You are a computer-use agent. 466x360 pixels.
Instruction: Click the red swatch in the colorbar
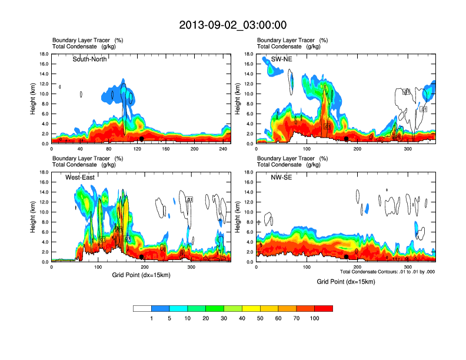pyautogui.click(x=324, y=308)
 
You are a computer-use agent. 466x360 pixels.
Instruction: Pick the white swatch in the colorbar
pyautogui.click(x=142, y=308)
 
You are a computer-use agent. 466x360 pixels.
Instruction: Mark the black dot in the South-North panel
pyautogui.click(x=142, y=139)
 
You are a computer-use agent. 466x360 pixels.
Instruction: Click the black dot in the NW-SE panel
pyautogui.click(x=347, y=256)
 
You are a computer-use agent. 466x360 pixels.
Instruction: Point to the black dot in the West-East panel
pyautogui.click(x=142, y=256)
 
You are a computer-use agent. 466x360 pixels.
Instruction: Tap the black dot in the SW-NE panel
pyautogui.click(x=347, y=139)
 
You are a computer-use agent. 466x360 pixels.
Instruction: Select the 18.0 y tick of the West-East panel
pyautogui.click(x=44, y=172)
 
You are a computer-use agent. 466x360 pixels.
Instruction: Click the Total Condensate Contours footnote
pyautogui.click(x=387, y=272)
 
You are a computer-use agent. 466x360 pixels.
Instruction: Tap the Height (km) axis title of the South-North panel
pyautogui.click(x=34, y=99)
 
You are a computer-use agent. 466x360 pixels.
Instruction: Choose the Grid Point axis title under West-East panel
pyautogui.click(x=141, y=275)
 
